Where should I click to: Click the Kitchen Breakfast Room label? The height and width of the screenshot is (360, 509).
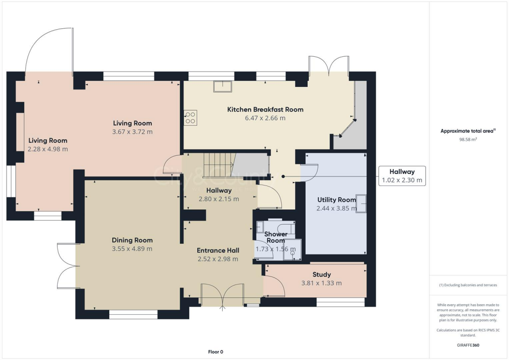pos(265,109)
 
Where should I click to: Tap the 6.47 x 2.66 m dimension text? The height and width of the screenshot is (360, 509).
pos(265,118)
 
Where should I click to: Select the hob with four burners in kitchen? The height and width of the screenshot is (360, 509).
pos(190,117)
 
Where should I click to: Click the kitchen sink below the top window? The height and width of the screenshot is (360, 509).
pos(222,87)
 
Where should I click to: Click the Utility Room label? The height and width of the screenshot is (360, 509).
pos(337,200)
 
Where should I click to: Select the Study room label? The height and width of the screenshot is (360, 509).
pos(321,274)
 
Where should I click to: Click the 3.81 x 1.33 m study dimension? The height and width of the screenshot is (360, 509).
pos(321,283)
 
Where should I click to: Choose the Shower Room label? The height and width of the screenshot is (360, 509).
pos(275,237)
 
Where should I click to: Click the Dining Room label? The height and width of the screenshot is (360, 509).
pos(132,240)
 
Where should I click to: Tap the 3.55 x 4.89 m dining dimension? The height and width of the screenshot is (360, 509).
pos(132,249)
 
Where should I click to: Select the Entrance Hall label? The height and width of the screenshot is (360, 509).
pos(218,250)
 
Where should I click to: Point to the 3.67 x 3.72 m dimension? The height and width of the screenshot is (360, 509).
pos(132,132)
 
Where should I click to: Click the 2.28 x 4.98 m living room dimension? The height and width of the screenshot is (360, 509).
pos(47,149)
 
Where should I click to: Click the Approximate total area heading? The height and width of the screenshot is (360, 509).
pos(468,131)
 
